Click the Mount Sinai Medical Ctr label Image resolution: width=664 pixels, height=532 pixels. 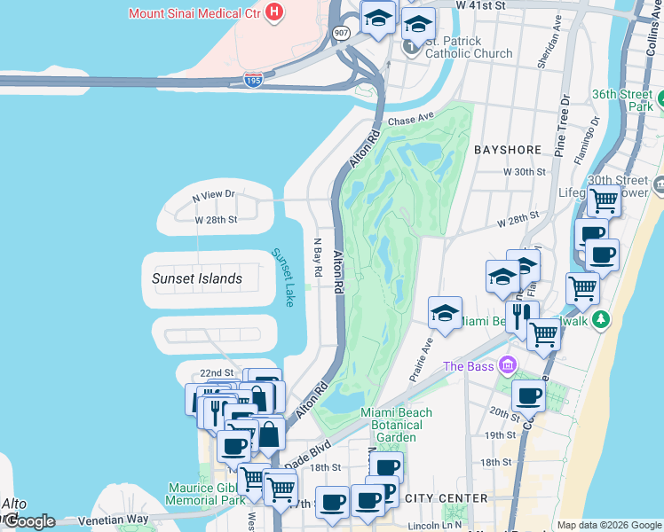[x=195, y=13]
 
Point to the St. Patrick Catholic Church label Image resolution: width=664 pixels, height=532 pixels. [x=467, y=47]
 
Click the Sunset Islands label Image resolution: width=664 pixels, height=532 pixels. [x=196, y=278]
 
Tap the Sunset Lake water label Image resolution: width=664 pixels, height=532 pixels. [x=283, y=278]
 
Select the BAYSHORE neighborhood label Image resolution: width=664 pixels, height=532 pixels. [x=508, y=151]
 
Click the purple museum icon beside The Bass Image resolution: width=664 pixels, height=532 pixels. [x=507, y=365]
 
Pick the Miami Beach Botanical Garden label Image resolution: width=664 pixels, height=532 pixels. [x=397, y=425]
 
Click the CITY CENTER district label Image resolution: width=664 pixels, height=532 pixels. [x=447, y=498]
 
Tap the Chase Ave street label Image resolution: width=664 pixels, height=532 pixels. [x=409, y=118]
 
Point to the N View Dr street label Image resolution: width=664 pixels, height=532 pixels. [x=204, y=195]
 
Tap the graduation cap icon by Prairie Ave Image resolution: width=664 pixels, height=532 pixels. [x=445, y=312]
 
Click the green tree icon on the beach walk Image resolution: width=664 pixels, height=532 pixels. [x=601, y=318]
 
